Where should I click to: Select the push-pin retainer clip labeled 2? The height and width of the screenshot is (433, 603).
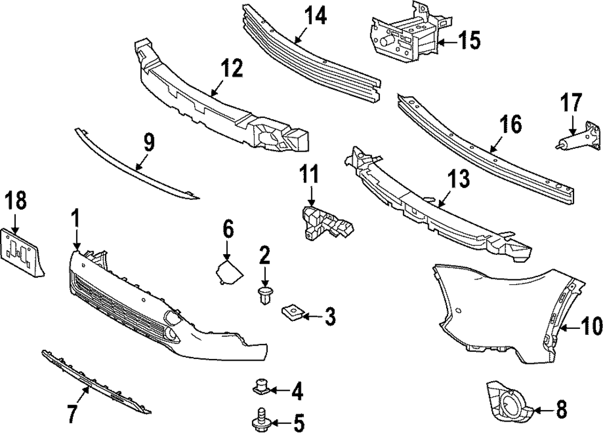[264, 295]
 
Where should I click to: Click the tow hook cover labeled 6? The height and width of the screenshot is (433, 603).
[229, 272]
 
